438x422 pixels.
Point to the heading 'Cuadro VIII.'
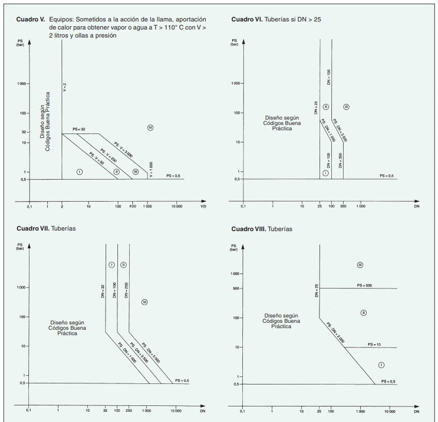(x=247, y=229)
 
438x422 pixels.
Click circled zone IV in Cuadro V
(x=150, y=127)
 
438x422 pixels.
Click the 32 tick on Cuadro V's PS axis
(x=25, y=132)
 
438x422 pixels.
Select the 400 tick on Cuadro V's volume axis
(x=132, y=206)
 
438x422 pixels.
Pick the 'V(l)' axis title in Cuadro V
(x=204, y=206)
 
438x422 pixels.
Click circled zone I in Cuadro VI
(x=325, y=173)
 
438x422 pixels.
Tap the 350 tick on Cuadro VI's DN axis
(x=343, y=206)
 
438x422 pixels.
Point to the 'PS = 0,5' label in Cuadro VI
(x=387, y=176)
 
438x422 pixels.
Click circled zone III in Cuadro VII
(x=144, y=302)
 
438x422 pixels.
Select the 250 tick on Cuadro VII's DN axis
(x=129, y=411)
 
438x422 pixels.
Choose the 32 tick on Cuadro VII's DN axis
(x=105, y=411)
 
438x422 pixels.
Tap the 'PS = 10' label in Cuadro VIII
(x=374, y=344)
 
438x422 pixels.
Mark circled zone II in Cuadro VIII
(x=363, y=313)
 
